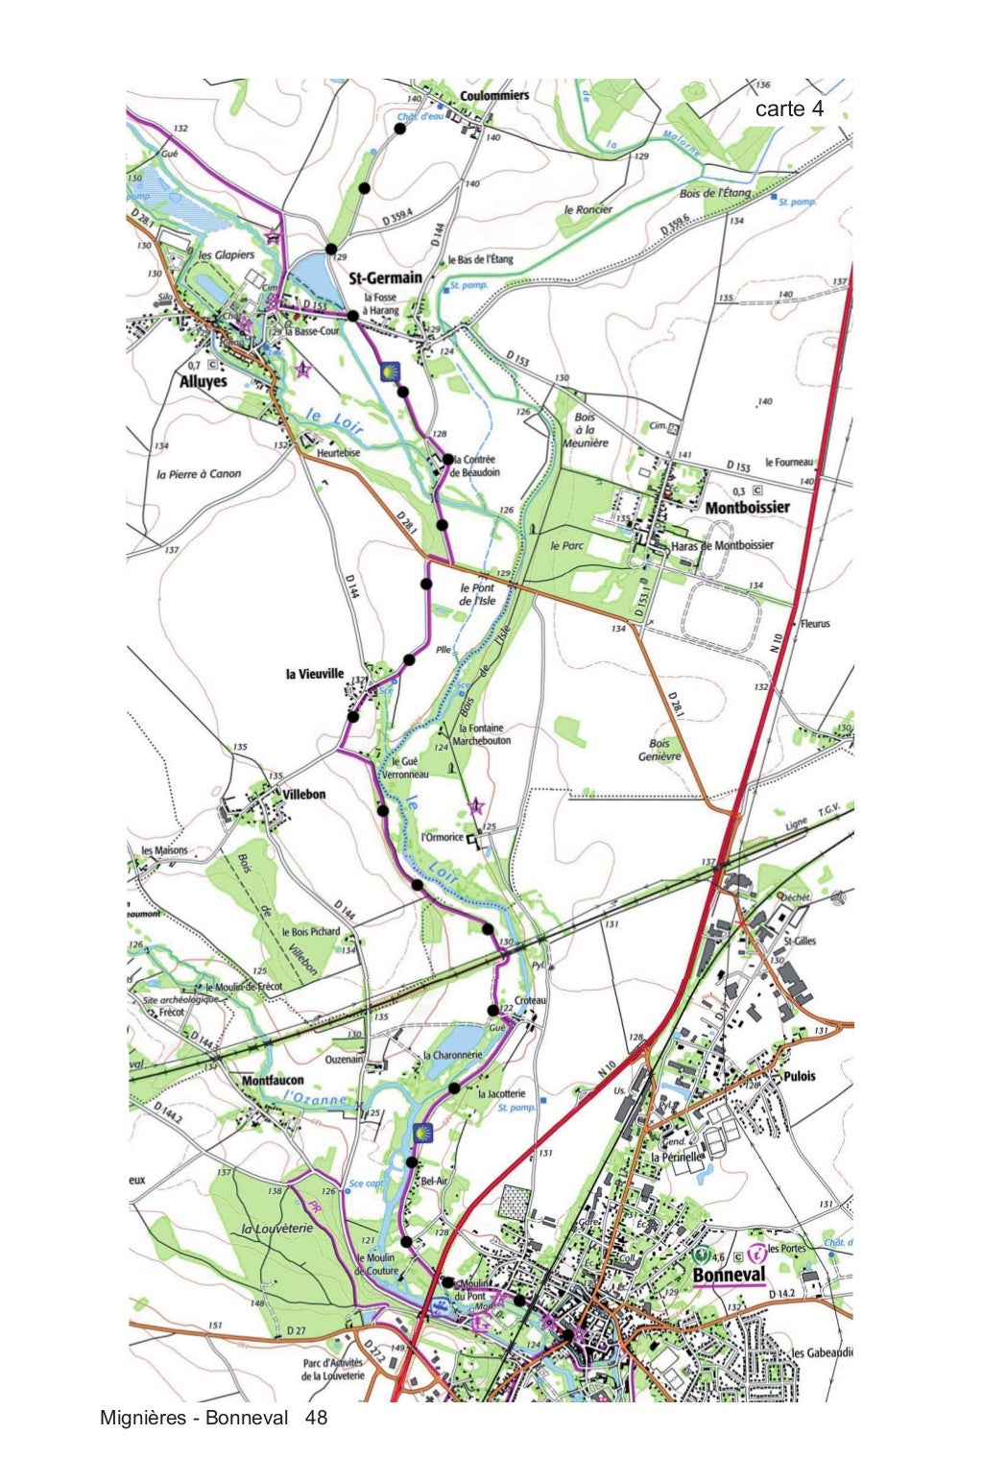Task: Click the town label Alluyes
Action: point(203,381)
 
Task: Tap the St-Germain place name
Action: point(385,278)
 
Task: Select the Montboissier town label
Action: point(747,507)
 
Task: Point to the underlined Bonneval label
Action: point(729,1275)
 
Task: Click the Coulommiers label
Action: point(494,96)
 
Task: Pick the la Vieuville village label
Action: point(314,674)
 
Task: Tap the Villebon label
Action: point(304,795)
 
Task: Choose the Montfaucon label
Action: point(273,1081)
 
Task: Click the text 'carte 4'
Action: point(789,109)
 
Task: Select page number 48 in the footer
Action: point(316,1418)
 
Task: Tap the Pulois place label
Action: point(800,1076)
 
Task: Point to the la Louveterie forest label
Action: point(277,1229)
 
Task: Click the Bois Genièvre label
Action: point(659,750)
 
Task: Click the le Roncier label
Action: point(587,209)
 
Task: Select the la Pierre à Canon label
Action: point(199,474)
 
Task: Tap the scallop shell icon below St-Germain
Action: point(390,370)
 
